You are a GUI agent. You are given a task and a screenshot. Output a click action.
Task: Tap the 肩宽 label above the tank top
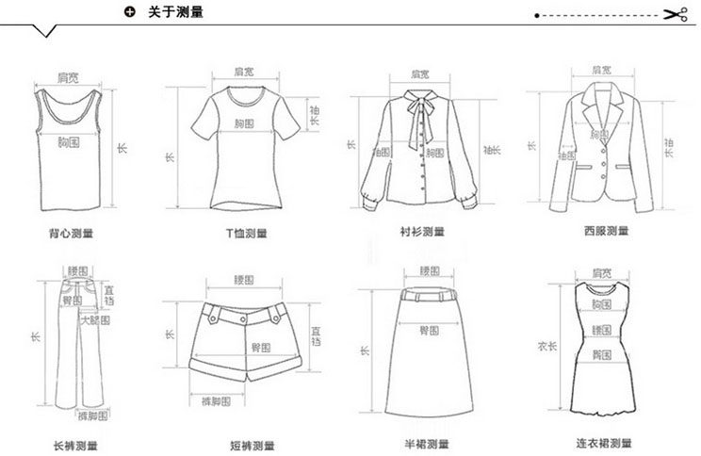(x=67, y=75)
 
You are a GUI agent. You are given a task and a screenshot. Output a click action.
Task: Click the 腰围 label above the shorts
(x=244, y=280)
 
